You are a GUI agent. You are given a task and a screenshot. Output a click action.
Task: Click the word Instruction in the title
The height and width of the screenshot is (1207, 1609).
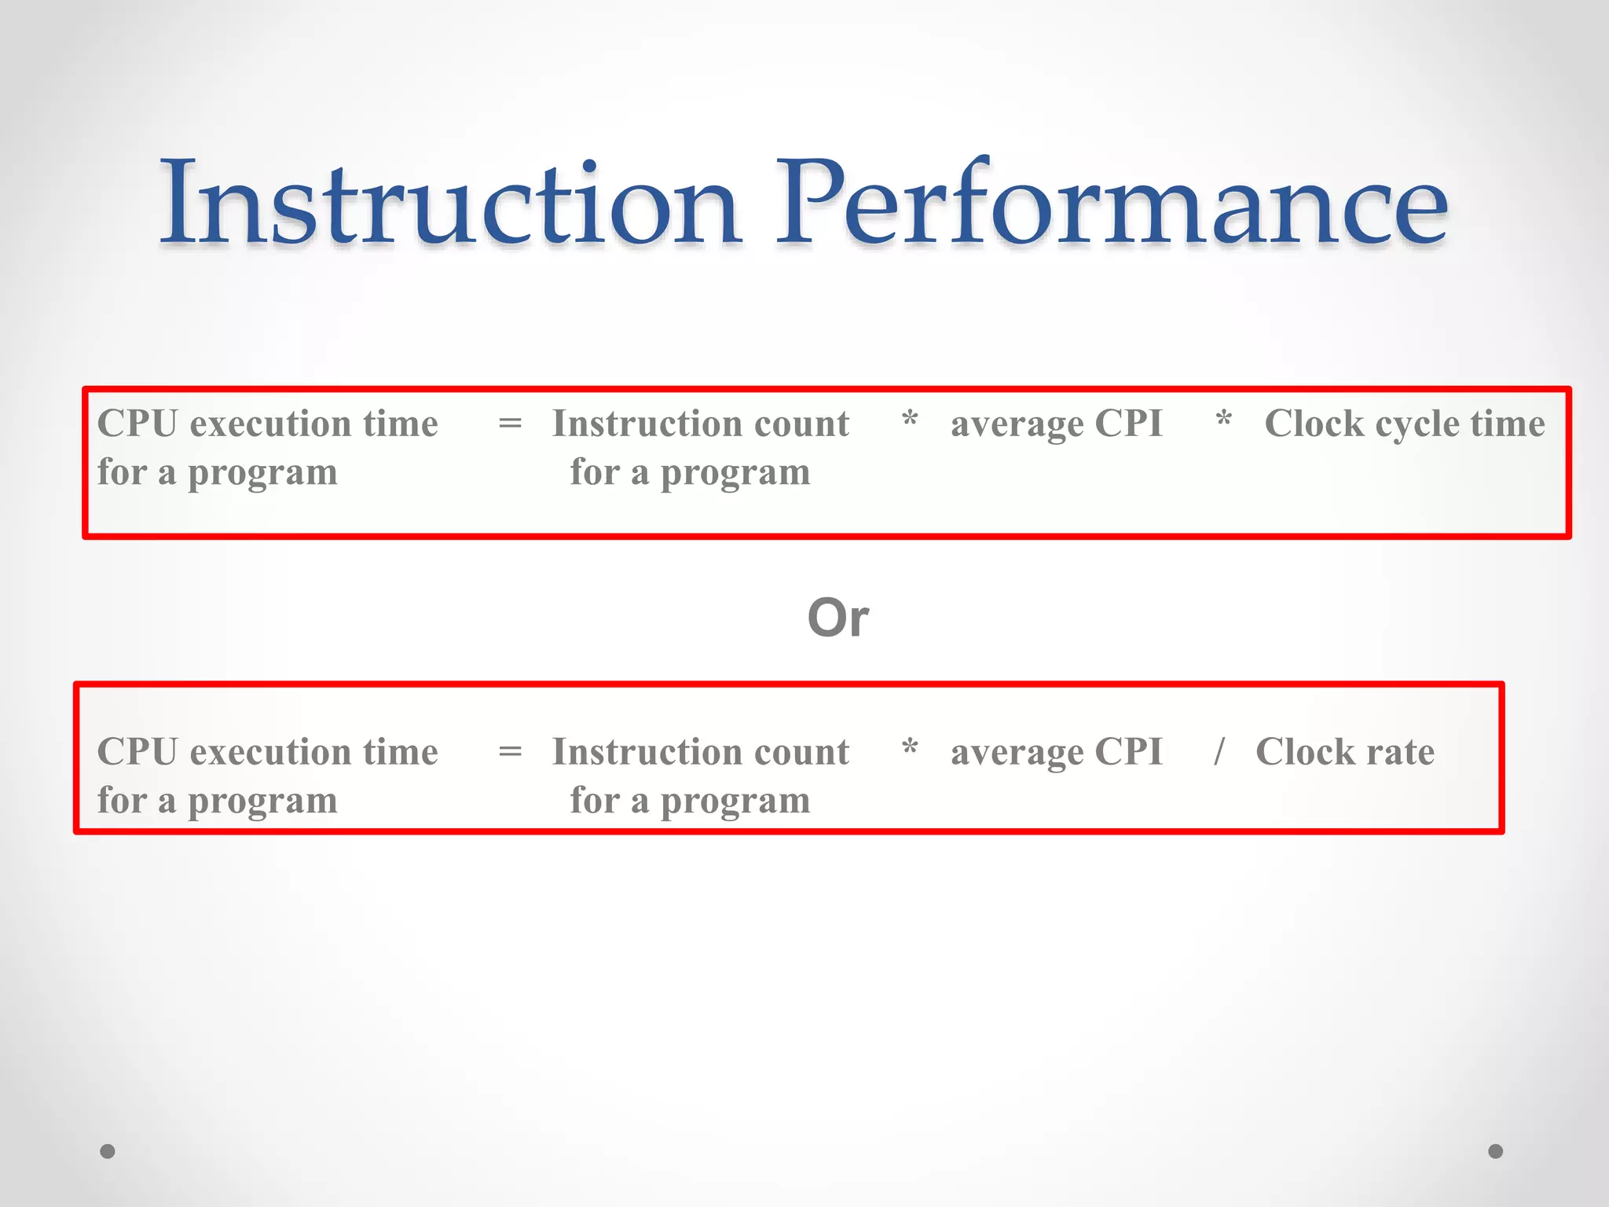coord(449,203)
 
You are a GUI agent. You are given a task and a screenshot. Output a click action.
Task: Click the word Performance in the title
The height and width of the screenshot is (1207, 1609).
coord(1111,203)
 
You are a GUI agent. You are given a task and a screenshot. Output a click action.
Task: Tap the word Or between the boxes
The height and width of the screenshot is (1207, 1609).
coord(837,618)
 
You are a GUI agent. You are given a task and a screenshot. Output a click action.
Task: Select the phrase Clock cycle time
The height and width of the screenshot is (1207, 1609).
coord(1404,424)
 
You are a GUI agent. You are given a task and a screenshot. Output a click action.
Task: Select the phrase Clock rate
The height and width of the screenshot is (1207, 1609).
coord(1344,752)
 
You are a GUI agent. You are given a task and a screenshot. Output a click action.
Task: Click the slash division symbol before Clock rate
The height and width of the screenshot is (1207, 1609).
coord(1219,750)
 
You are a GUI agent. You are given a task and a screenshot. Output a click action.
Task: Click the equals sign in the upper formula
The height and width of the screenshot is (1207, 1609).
coord(510,424)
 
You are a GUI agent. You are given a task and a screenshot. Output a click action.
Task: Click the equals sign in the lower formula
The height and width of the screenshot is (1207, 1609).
coord(510,752)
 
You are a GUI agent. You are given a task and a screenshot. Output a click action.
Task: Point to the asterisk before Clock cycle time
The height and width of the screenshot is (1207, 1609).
coord(1223,420)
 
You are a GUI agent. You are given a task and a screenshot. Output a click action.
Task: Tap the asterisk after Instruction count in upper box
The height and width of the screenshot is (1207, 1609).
coord(910,420)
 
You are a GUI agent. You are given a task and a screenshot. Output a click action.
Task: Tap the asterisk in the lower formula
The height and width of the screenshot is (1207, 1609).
coord(910,748)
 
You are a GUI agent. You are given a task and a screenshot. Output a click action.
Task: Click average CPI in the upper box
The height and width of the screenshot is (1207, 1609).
coord(1056,424)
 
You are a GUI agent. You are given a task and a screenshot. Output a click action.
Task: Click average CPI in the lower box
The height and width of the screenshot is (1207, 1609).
coord(1056,753)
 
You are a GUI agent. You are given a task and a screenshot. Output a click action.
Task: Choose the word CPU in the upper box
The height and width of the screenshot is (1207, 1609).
coord(137,424)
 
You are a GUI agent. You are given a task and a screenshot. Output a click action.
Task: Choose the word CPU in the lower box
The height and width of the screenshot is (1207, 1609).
coord(137,752)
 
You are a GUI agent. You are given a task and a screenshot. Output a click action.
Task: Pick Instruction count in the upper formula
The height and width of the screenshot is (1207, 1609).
coord(700,424)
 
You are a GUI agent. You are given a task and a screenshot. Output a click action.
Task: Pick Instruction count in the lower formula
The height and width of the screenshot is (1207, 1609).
coord(700,752)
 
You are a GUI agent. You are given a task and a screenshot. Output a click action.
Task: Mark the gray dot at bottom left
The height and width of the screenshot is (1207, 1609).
coord(108,1151)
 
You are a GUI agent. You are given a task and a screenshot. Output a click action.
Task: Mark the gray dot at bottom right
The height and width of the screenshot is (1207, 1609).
coord(1495,1151)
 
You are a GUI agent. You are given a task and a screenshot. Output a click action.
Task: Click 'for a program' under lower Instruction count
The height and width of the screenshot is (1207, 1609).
coord(690,802)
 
